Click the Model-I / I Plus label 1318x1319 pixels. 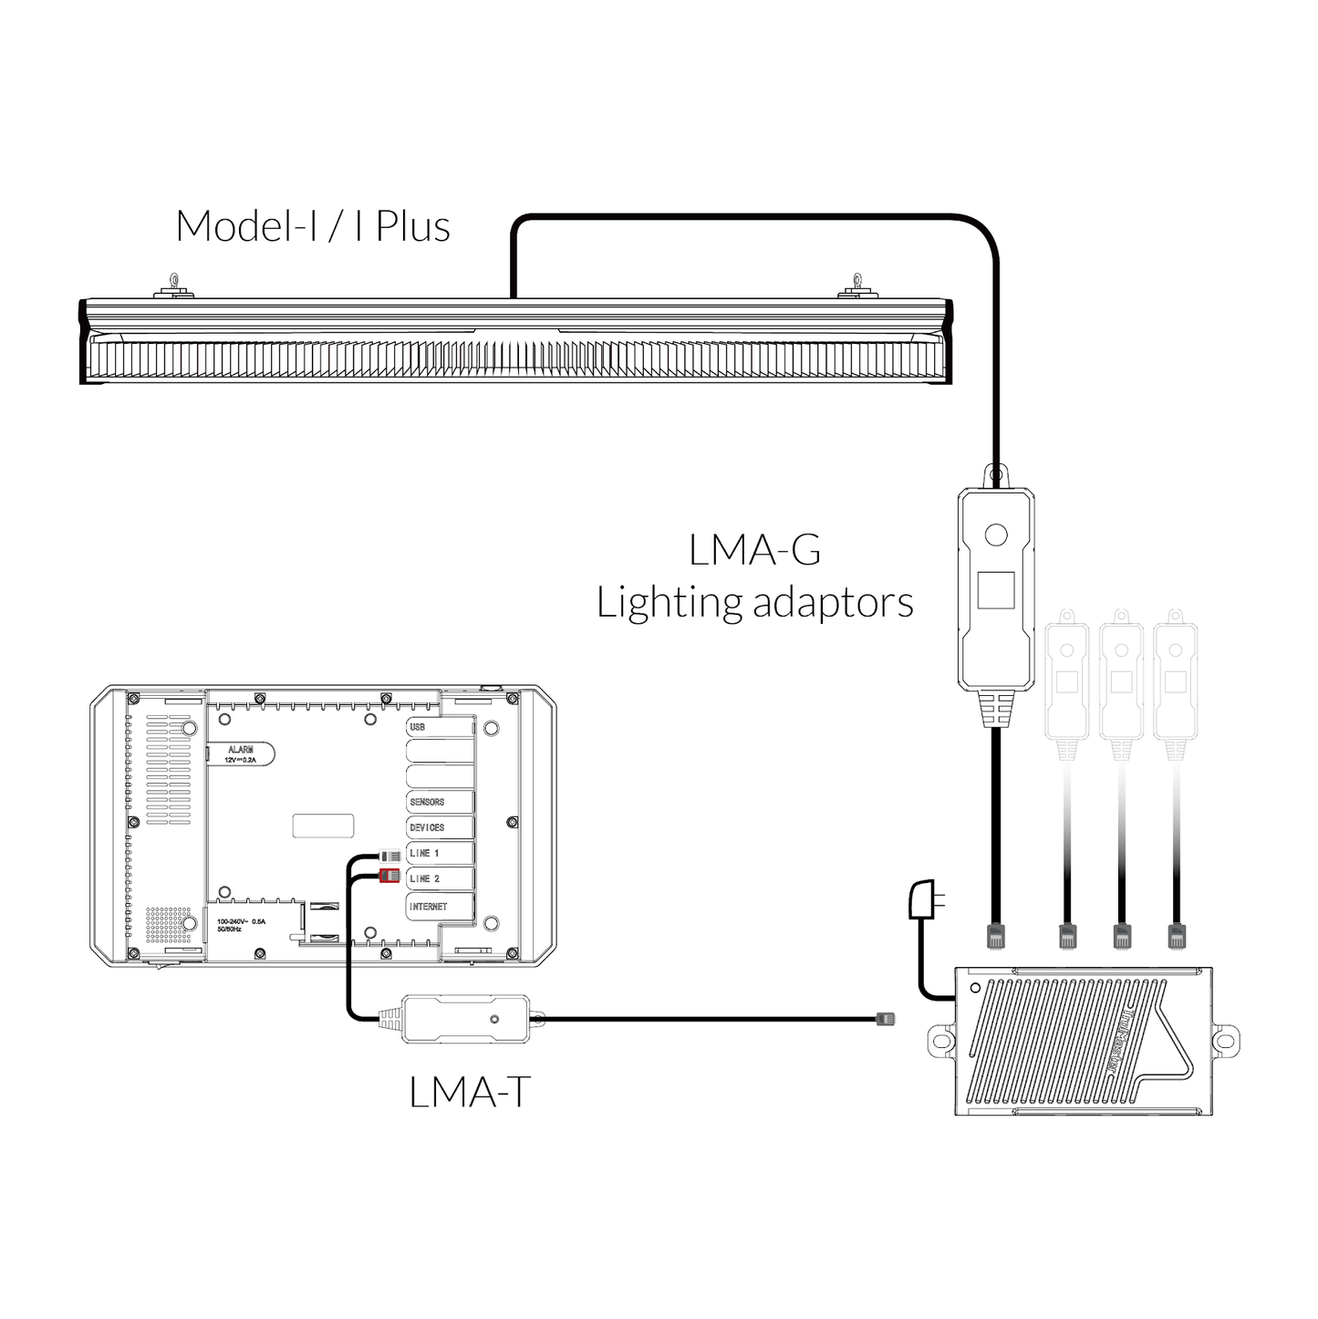(x=313, y=226)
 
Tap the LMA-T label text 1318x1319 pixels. (x=470, y=1092)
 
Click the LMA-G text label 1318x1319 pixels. (x=754, y=550)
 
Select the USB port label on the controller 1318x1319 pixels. (x=418, y=727)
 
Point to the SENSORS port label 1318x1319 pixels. (x=427, y=802)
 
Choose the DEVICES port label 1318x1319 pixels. (x=427, y=827)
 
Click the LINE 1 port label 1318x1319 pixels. (x=425, y=854)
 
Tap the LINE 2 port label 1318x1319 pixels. (x=425, y=878)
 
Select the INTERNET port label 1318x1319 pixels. (x=429, y=907)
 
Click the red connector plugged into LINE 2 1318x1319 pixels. (x=389, y=877)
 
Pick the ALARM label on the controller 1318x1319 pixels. (x=241, y=749)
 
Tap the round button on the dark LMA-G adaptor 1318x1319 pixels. (x=995, y=535)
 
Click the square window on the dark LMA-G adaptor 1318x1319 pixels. (x=995, y=590)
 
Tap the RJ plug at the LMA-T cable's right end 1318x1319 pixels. (x=885, y=1018)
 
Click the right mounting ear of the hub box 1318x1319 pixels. (x=1225, y=1040)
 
